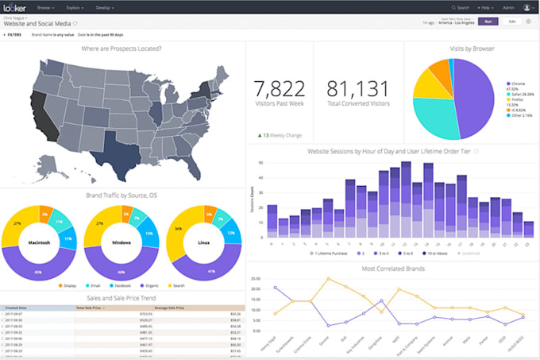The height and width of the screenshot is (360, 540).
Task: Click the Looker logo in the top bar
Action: (x=16, y=7)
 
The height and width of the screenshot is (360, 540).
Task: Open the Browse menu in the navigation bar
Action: (x=47, y=7)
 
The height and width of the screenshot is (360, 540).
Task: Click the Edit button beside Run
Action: (x=512, y=21)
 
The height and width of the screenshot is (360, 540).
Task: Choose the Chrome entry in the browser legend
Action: (x=517, y=82)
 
